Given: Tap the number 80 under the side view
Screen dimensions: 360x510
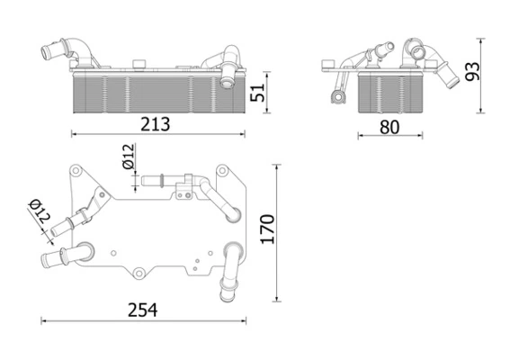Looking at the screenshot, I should point(389,126).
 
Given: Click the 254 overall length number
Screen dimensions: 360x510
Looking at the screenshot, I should point(142,310).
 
